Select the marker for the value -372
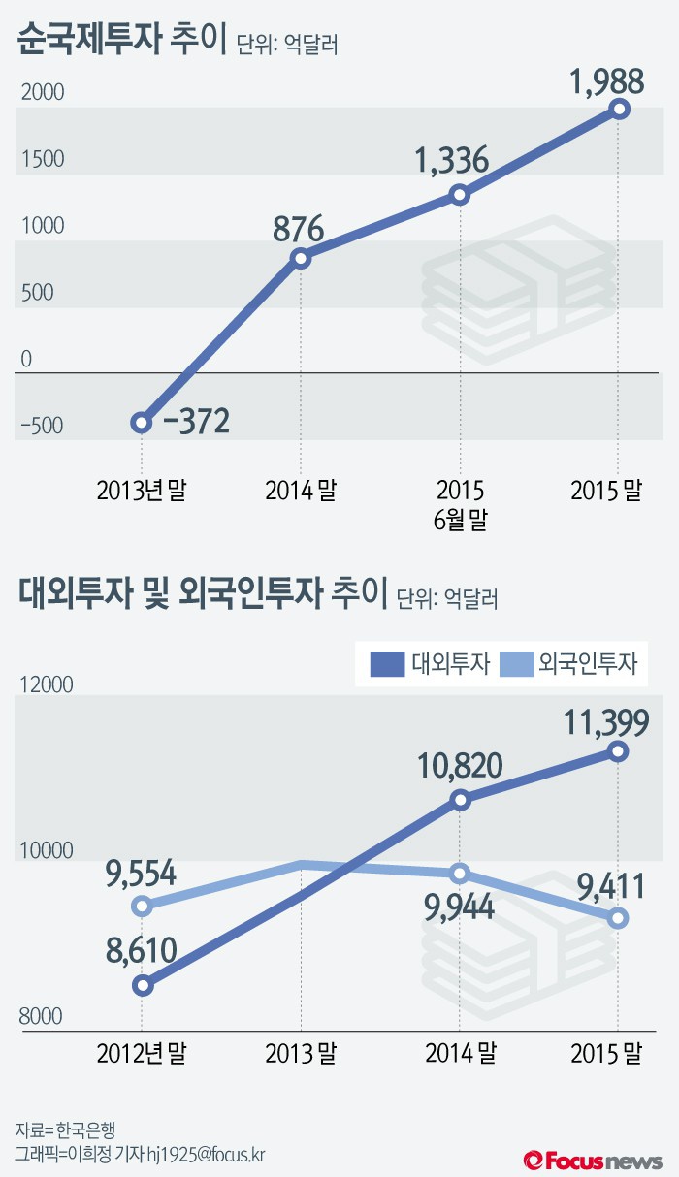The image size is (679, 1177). (x=142, y=422)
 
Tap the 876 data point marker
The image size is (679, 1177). (x=301, y=258)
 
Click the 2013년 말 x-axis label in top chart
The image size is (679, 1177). (x=142, y=491)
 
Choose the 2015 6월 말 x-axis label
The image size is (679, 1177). (x=460, y=504)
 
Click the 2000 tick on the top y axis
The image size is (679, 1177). (x=42, y=93)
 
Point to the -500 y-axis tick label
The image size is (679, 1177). (x=41, y=427)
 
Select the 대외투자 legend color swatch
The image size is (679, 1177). (x=387, y=664)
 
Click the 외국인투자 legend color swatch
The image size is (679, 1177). (x=515, y=664)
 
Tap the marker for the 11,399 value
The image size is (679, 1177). (x=618, y=751)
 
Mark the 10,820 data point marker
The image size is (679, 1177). (x=460, y=800)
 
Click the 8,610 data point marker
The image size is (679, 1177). (x=143, y=985)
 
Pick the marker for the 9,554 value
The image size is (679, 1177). (x=143, y=907)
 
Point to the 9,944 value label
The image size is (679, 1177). (x=460, y=907)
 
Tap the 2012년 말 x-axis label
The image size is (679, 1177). (x=142, y=1053)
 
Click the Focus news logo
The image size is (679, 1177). (x=593, y=1159)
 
